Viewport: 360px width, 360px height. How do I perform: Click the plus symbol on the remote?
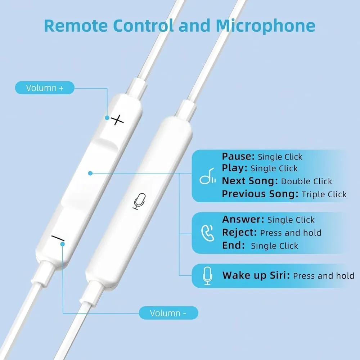(117, 120)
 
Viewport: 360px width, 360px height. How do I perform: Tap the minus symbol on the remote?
(58, 238)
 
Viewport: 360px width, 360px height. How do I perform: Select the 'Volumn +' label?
(45, 88)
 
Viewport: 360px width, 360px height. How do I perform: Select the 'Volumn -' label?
(168, 313)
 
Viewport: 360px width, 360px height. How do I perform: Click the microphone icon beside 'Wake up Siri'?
(207, 276)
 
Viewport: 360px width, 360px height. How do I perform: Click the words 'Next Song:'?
(250, 181)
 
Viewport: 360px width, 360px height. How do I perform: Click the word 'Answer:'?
(243, 220)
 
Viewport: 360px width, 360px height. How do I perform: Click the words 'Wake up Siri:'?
(256, 276)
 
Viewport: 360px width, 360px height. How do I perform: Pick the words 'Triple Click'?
(324, 194)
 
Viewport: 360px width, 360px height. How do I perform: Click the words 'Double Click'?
(306, 181)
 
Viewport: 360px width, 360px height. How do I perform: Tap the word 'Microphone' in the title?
(265, 26)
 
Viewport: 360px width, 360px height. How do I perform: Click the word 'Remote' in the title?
(75, 26)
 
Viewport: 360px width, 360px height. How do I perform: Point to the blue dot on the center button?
(90, 173)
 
